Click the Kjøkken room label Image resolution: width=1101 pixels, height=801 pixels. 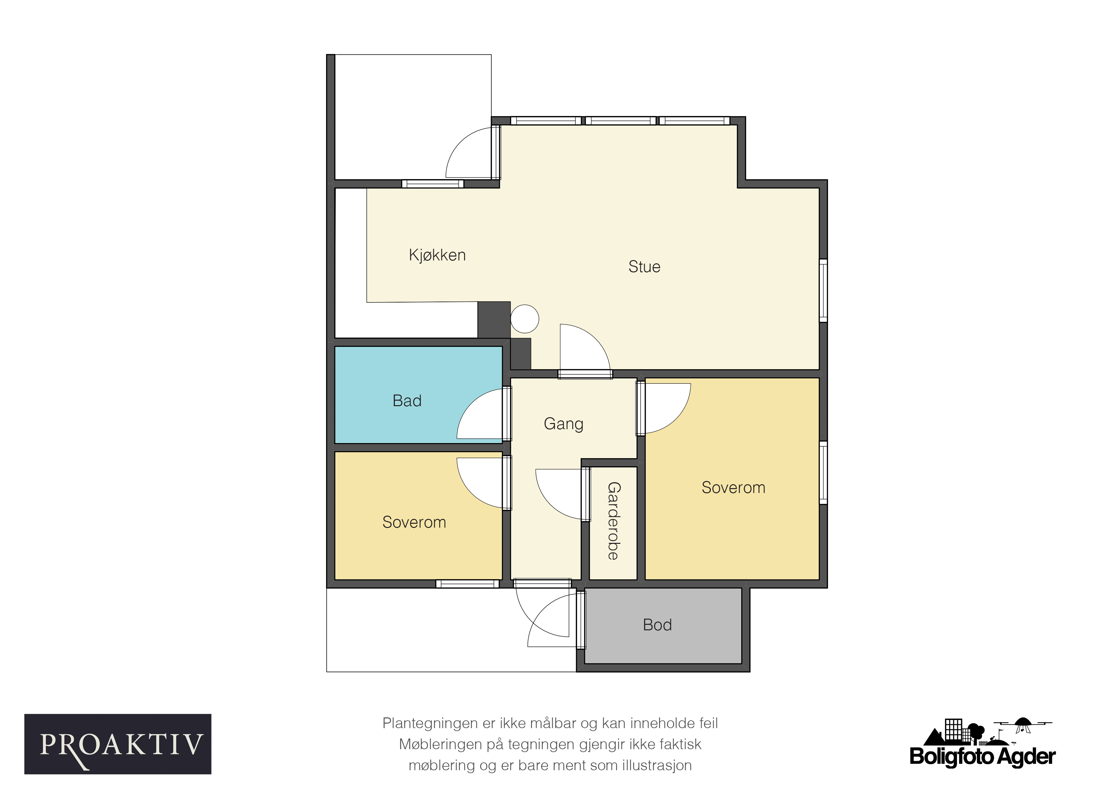pyautogui.click(x=437, y=255)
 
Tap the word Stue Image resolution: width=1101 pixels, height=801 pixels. pyautogui.click(x=644, y=267)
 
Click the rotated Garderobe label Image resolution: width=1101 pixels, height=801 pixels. pyautogui.click(x=614, y=521)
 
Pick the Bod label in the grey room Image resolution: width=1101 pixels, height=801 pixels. pyautogui.click(x=657, y=625)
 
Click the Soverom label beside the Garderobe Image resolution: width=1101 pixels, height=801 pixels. pyautogui.click(x=733, y=487)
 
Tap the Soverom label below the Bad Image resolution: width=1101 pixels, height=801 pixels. pyautogui.click(x=414, y=522)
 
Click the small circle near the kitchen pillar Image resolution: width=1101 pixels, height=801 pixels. pyautogui.click(x=525, y=319)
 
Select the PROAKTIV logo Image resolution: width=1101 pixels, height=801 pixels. pyautogui.click(x=118, y=744)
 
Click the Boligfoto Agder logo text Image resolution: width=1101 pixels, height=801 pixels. pyautogui.click(x=982, y=756)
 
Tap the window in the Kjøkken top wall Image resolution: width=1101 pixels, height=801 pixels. pyautogui.click(x=433, y=184)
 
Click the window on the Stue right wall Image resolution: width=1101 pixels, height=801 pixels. pyautogui.click(x=823, y=290)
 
